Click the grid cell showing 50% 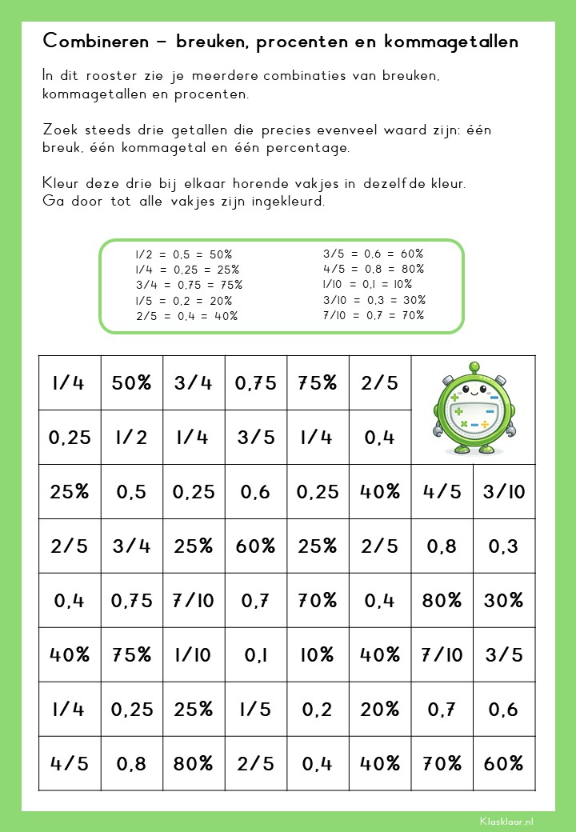132,383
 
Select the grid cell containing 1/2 132,438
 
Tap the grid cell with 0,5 132,492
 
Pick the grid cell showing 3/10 504,492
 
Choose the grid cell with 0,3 504,546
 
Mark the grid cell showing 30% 504,601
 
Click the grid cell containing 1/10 194,655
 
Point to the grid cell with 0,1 256,655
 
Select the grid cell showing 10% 318,655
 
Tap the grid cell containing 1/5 256,710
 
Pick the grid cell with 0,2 318,710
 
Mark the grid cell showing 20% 380,710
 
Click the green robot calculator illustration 472,410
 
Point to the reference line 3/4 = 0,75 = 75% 189,285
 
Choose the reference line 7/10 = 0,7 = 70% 374,315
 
